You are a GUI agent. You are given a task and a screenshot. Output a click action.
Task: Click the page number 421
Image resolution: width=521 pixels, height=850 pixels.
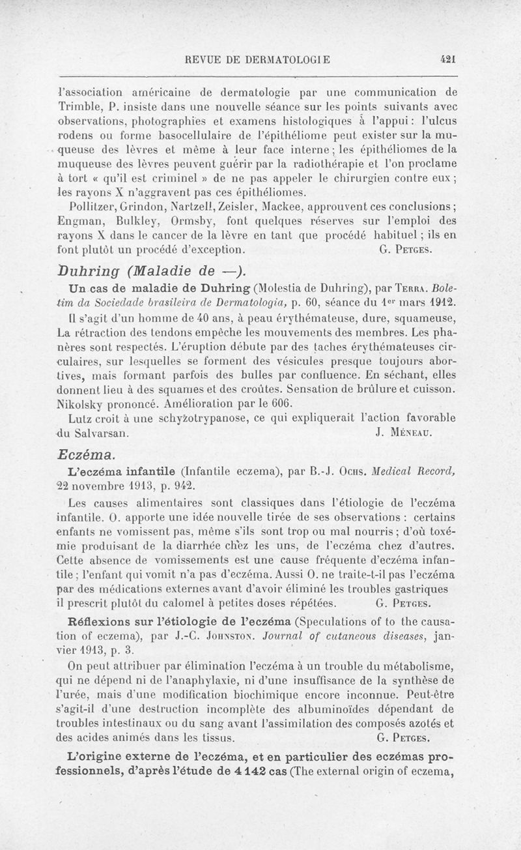tap(447, 58)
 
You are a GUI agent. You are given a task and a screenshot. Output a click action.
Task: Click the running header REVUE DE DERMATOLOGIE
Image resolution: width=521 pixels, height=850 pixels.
tap(258, 59)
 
